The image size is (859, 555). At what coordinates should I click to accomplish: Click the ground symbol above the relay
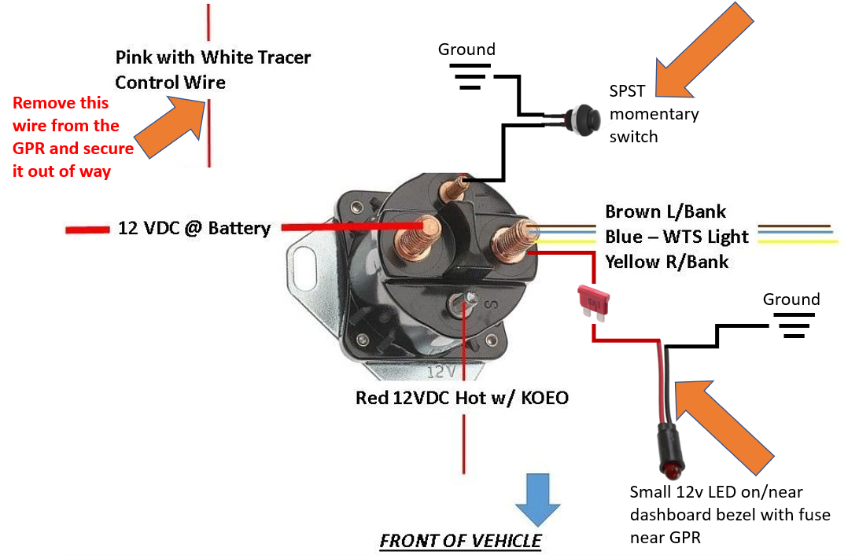(466, 75)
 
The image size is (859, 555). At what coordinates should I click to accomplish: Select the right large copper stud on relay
(510, 239)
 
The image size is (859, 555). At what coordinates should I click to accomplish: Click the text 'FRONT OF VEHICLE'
(460, 541)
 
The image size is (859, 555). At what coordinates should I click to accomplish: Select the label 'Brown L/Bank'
(665, 211)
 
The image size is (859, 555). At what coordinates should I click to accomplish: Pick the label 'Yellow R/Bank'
(666, 262)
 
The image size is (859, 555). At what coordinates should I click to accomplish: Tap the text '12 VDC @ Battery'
(194, 229)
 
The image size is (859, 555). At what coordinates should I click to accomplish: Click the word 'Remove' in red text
(40, 103)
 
